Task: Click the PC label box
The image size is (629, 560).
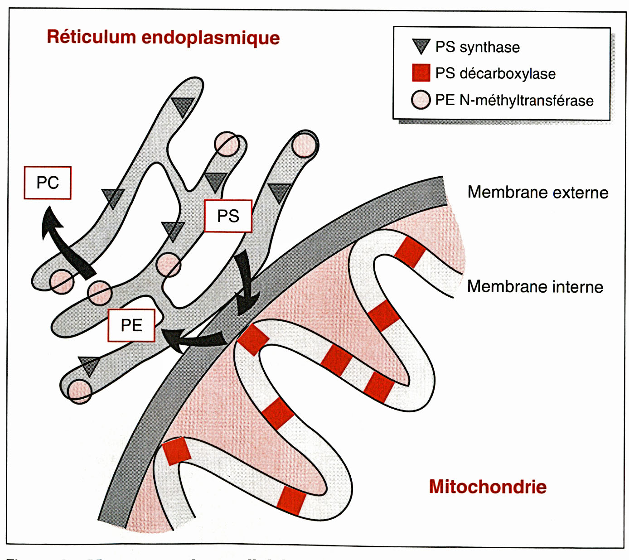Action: pyautogui.click(x=48, y=183)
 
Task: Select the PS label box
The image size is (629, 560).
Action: pyautogui.click(x=228, y=216)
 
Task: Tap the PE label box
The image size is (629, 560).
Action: pyautogui.click(x=131, y=325)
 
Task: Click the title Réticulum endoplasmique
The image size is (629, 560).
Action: pyautogui.click(x=163, y=37)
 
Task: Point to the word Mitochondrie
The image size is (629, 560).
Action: pyautogui.click(x=488, y=487)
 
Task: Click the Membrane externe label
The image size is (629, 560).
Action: pyautogui.click(x=538, y=192)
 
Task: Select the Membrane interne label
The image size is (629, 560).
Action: pyautogui.click(x=535, y=286)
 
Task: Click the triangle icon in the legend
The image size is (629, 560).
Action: pyautogui.click(x=421, y=46)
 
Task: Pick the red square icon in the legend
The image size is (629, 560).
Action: pyautogui.click(x=421, y=72)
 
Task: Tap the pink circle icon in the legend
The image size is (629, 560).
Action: pyautogui.click(x=421, y=100)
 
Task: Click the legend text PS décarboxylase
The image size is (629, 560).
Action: pyautogui.click(x=495, y=73)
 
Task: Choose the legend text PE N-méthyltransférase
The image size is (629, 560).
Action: pyautogui.click(x=514, y=100)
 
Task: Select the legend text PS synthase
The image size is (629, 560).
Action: pyautogui.click(x=478, y=47)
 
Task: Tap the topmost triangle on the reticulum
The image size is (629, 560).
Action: pyautogui.click(x=183, y=106)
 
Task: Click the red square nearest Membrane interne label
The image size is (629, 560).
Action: pyautogui.click(x=411, y=251)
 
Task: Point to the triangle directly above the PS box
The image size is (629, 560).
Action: pyautogui.click(x=215, y=181)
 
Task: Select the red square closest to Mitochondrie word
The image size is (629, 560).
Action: pyautogui.click(x=291, y=500)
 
